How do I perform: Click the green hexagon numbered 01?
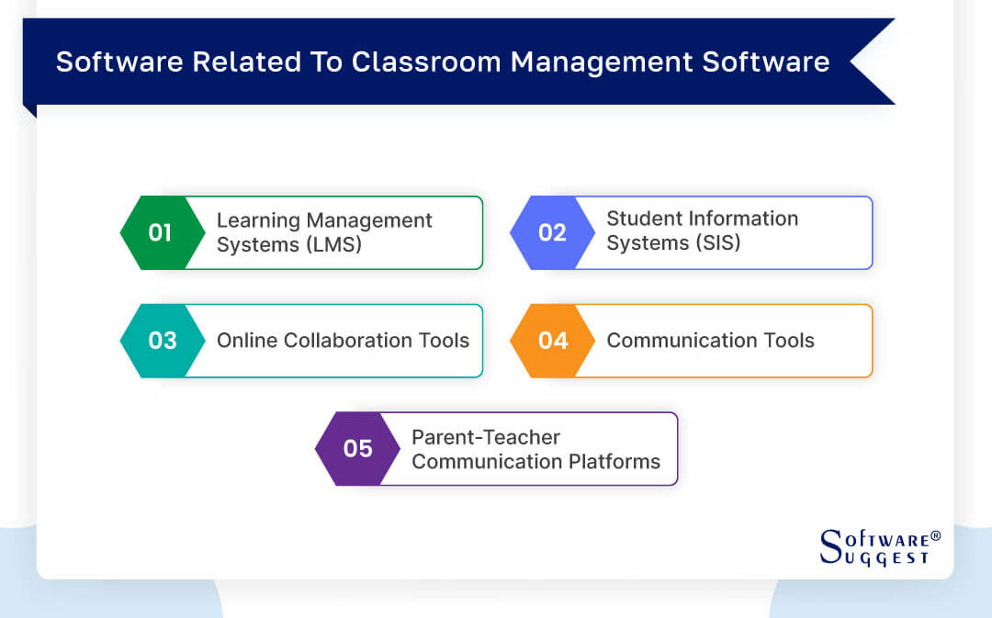click(160, 232)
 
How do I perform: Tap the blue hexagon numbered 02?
click(551, 232)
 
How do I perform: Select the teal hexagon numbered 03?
click(162, 341)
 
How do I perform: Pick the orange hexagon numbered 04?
click(552, 341)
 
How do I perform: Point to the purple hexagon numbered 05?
click(357, 449)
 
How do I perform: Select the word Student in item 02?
click(638, 219)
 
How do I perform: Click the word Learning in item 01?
click(258, 221)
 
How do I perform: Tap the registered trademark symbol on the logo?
click(935, 535)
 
